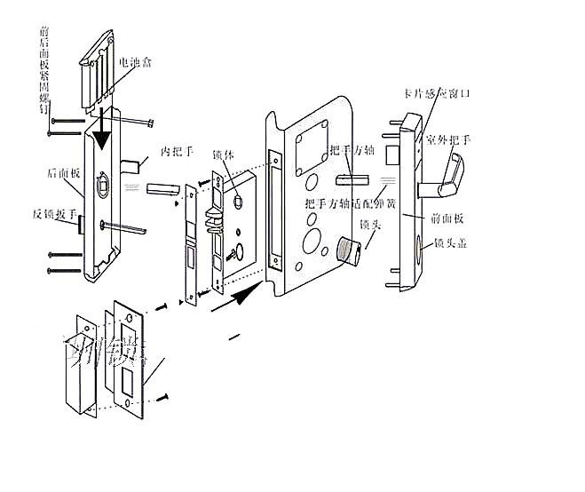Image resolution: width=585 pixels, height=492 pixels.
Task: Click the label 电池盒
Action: point(136,65)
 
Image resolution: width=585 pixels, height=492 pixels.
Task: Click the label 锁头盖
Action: point(450,242)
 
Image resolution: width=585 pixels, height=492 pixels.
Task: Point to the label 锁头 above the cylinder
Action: point(370,226)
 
